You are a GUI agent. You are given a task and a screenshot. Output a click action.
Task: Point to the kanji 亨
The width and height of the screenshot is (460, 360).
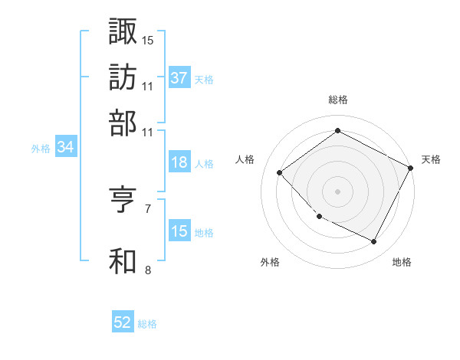(123, 201)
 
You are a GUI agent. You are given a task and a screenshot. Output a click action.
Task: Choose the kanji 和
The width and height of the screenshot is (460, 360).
(123, 261)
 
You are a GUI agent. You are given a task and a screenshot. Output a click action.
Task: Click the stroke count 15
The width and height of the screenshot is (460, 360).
(148, 39)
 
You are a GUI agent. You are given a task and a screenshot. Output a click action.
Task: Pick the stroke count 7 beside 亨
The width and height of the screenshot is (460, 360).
(148, 208)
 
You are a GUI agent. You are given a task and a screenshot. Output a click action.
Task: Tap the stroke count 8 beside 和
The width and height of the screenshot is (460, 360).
(148, 270)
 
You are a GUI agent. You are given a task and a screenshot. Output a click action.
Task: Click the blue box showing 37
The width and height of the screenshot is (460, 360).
(179, 78)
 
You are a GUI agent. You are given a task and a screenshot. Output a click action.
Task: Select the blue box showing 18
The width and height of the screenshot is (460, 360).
(179, 163)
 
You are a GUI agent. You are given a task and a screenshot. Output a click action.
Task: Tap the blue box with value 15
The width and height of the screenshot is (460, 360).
(179, 231)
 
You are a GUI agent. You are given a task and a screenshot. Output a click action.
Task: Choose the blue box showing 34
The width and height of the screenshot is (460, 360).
(65, 148)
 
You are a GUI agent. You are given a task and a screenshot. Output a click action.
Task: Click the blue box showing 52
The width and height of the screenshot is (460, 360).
(123, 323)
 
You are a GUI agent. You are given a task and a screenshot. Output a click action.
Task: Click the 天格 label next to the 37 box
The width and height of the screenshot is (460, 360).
(204, 79)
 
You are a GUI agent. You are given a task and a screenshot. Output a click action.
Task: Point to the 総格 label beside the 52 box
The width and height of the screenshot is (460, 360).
(147, 324)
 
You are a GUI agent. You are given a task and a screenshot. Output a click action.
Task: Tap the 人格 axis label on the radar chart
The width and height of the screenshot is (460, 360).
(245, 159)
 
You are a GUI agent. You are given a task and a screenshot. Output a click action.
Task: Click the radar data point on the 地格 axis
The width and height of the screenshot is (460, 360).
(374, 242)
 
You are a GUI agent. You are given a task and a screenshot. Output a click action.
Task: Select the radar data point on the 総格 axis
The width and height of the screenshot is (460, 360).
(337, 131)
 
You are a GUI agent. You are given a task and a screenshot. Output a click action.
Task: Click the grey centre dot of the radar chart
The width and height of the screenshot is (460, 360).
(337, 191)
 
